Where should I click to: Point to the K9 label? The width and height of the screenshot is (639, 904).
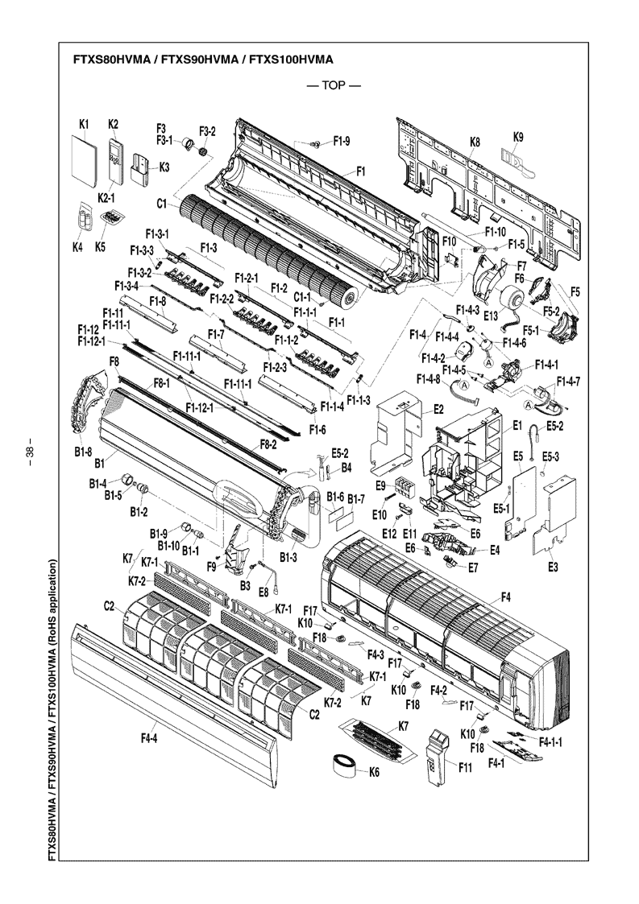(517, 137)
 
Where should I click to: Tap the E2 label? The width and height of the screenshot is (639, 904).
(438, 408)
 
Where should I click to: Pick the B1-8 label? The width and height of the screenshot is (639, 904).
(82, 452)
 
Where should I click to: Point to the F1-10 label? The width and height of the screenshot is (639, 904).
(495, 231)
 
